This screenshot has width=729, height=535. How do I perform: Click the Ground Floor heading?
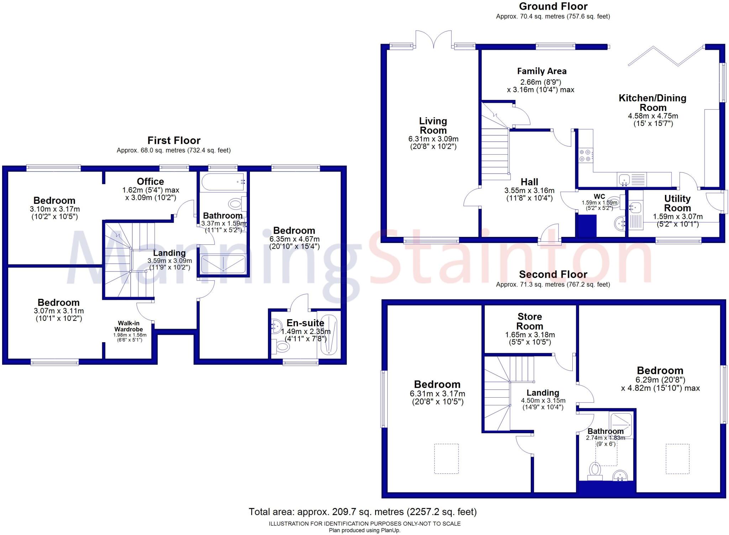click(x=553, y=6)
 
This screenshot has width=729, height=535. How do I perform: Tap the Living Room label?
click(x=433, y=126)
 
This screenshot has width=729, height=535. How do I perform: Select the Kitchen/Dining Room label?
click(x=652, y=103)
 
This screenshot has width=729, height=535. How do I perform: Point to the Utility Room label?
click(x=677, y=203)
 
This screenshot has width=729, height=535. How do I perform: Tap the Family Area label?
click(x=541, y=71)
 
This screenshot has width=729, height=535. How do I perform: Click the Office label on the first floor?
click(x=150, y=181)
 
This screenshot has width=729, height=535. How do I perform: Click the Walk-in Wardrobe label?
click(x=129, y=326)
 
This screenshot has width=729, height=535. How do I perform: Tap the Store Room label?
click(x=530, y=321)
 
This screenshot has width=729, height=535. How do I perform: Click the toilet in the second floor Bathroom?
click(x=594, y=471)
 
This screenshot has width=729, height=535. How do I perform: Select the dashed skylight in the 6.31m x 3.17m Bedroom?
click(x=446, y=459)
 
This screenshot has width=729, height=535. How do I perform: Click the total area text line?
click(x=362, y=512)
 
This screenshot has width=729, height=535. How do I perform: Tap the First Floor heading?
click(x=174, y=141)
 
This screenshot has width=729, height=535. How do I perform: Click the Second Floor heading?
click(x=553, y=274)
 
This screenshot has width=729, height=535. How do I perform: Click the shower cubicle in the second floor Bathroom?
click(x=620, y=424)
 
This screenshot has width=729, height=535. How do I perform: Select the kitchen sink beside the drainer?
click(x=624, y=180)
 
